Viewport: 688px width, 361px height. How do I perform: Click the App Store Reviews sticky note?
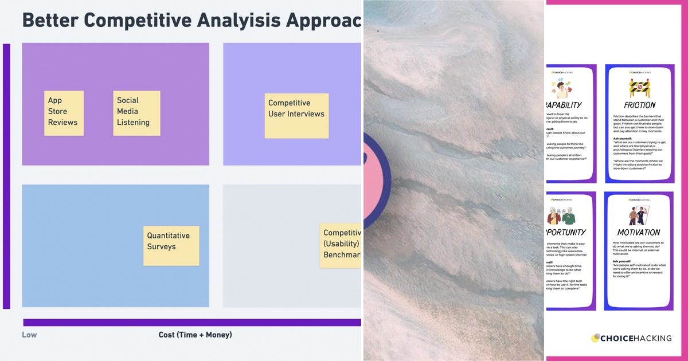tap(64, 113)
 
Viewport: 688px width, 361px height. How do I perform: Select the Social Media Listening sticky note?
tap(136, 113)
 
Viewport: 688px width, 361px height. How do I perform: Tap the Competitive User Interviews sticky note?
tap(296, 115)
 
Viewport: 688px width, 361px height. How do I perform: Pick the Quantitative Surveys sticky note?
tap(171, 245)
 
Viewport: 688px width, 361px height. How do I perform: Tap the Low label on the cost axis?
tap(29, 335)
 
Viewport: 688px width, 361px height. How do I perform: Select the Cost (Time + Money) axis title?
tap(195, 335)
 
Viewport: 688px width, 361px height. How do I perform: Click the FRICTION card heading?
tap(639, 105)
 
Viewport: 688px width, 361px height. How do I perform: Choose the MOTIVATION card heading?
tap(639, 233)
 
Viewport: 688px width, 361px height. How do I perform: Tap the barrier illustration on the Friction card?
tap(639, 88)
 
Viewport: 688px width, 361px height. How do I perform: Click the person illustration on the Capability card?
tap(562, 88)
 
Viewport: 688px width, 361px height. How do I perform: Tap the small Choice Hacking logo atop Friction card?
tap(639, 73)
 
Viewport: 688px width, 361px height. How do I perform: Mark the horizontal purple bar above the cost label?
tap(192, 322)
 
